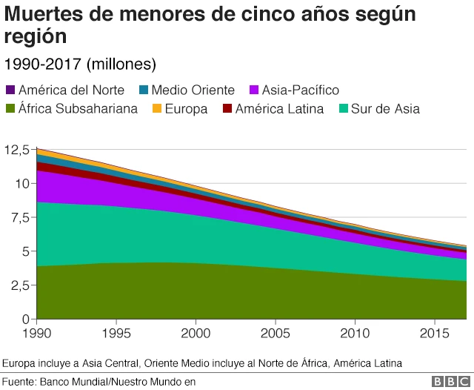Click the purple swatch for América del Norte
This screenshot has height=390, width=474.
pyautogui.click(x=10, y=90)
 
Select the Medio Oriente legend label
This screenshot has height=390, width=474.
pyautogui.click(x=193, y=90)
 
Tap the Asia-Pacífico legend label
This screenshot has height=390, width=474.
pyautogui.click(x=300, y=90)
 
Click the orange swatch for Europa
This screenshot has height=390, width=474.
pyautogui.click(x=157, y=109)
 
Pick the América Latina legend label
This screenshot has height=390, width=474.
pyautogui.click(x=279, y=109)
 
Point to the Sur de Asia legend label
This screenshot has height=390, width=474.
pyautogui.click(x=385, y=109)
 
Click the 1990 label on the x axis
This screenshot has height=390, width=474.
pyautogui.click(x=36, y=334)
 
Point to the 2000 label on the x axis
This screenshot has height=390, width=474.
pyautogui.click(x=196, y=334)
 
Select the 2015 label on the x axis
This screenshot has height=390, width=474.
pyautogui.click(x=435, y=334)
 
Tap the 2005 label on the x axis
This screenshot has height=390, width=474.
pyautogui.click(x=276, y=334)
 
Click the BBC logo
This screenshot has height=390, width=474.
pyautogui.click(x=448, y=381)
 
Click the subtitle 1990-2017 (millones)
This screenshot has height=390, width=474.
pyautogui.click(x=80, y=63)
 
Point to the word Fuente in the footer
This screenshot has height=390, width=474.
pyautogui.click(x=20, y=381)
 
